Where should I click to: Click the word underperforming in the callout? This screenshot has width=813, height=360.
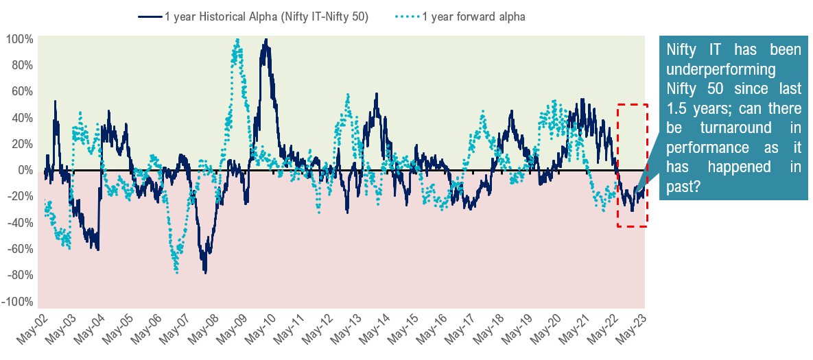click(x=708, y=69)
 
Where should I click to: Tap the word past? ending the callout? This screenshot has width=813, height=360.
click(x=683, y=186)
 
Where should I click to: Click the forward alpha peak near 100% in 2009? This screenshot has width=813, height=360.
click(x=237, y=40)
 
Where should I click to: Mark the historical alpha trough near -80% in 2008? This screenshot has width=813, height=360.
click(x=205, y=272)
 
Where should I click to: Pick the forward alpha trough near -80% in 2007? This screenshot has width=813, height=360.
click(x=177, y=272)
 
